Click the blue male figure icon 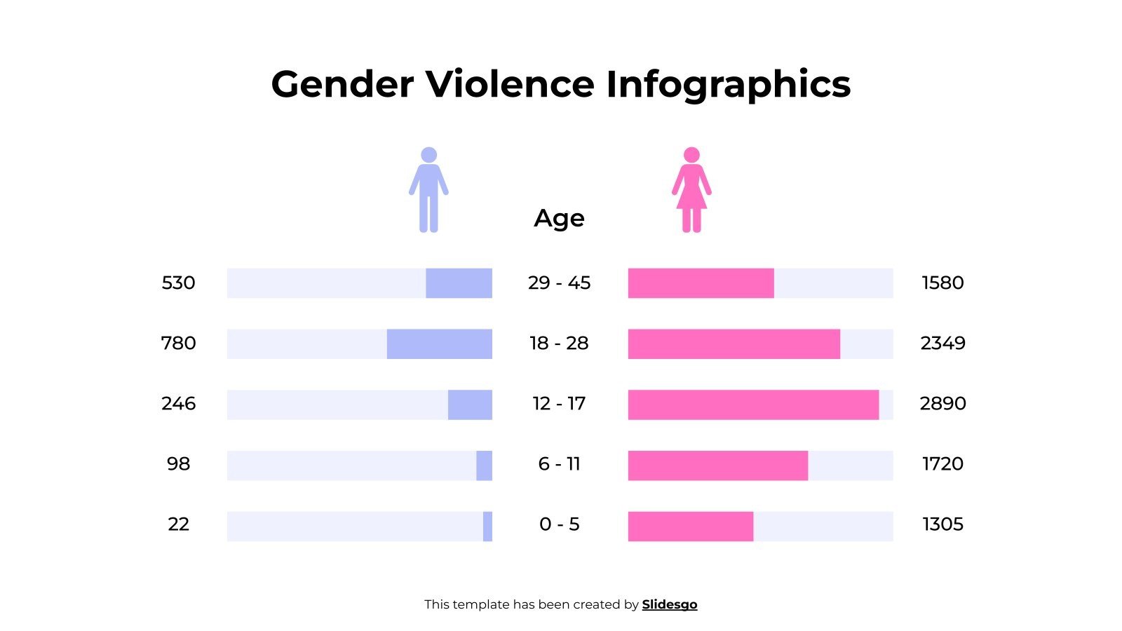(x=428, y=189)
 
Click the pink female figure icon (x=691, y=189)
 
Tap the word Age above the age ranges (x=559, y=218)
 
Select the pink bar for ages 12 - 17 (x=753, y=405)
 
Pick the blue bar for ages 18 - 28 (x=440, y=344)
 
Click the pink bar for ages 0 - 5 (x=691, y=526)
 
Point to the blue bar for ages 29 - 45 (x=459, y=283)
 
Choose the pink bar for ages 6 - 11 (x=718, y=466)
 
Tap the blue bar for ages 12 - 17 (x=470, y=405)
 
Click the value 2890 (x=942, y=404)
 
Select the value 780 (x=178, y=344)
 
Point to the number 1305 (x=942, y=524)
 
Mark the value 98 (x=178, y=464)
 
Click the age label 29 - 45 (x=559, y=283)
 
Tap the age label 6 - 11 (x=559, y=464)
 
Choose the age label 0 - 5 (x=559, y=524)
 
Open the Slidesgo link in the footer (x=670, y=604)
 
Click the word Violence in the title (x=510, y=84)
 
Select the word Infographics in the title (x=728, y=84)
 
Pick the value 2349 (x=942, y=344)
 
